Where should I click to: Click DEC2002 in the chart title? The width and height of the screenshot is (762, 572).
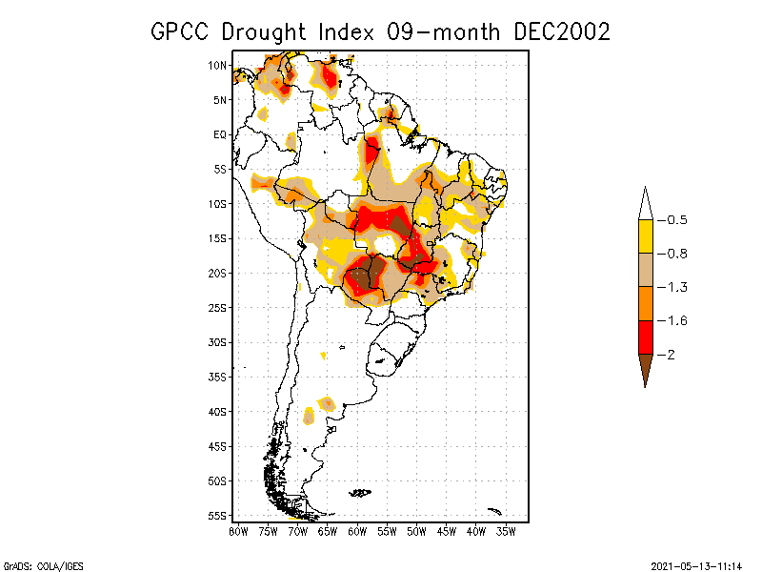click(562, 31)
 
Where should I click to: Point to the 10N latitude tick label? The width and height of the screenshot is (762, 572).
click(218, 65)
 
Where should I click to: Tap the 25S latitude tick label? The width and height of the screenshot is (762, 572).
click(218, 307)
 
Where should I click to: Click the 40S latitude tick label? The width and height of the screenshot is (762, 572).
click(218, 411)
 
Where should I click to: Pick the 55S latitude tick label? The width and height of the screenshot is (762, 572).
click(218, 515)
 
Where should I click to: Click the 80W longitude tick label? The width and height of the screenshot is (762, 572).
click(238, 530)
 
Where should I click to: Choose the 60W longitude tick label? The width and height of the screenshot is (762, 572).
click(357, 530)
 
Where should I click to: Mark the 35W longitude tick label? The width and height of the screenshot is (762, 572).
click(506, 530)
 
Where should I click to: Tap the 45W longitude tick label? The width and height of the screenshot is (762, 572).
click(447, 530)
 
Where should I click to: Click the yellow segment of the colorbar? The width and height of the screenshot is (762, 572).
click(645, 236)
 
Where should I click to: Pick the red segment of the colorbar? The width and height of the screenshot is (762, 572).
click(645, 337)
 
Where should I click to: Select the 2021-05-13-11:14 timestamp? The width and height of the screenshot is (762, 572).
click(696, 564)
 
